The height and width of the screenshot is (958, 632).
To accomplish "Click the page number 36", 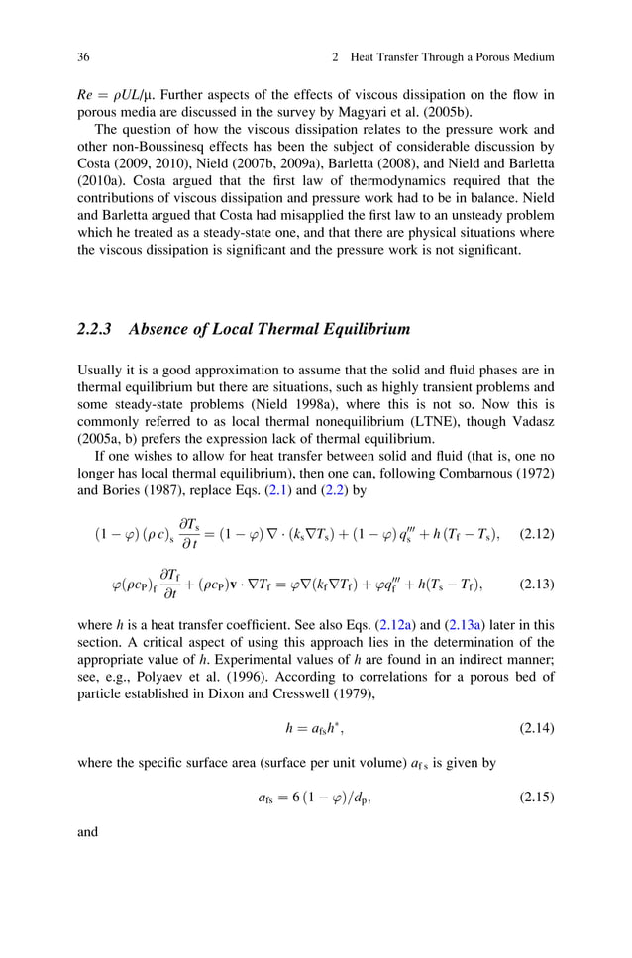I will point(84,58).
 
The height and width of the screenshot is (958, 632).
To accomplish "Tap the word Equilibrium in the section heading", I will point(354,328).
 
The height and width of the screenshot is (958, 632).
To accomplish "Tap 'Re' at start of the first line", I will point(86,94).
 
